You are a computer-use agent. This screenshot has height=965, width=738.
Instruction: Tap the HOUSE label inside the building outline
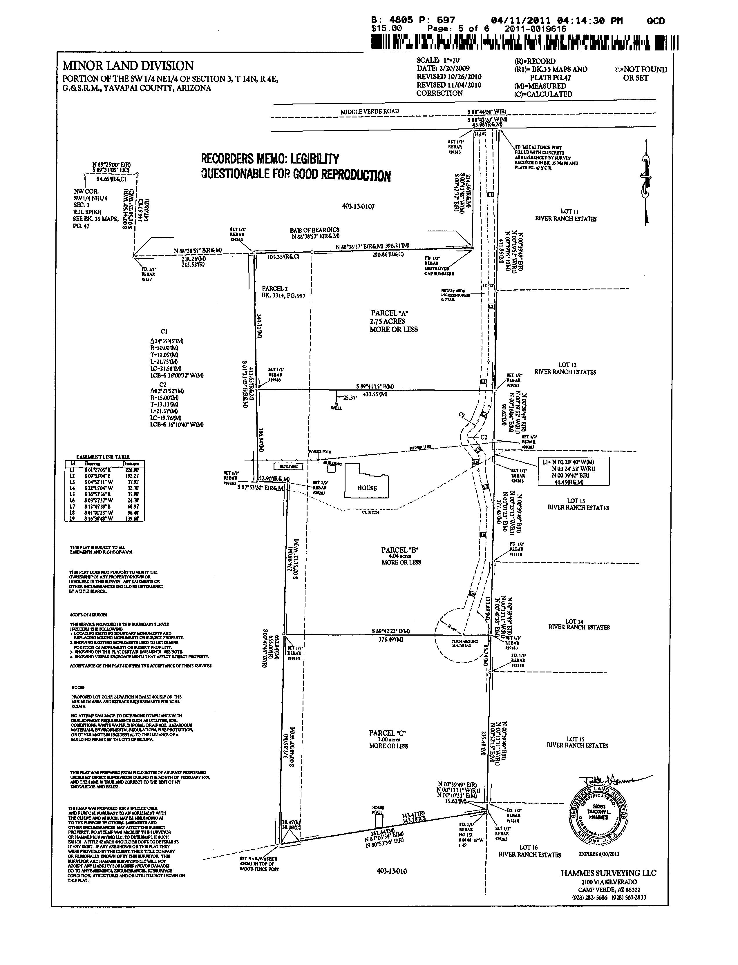[367, 488]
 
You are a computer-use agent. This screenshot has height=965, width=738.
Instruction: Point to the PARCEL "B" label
[400, 550]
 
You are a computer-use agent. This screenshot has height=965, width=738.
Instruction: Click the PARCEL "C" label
[388, 733]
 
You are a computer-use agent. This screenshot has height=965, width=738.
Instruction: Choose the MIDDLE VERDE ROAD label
[370, 112]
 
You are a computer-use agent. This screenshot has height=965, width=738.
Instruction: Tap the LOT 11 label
[567, 211]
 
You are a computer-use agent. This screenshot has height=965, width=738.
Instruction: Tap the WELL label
[336, 408]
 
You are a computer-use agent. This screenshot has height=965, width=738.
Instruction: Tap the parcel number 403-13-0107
[358, 206]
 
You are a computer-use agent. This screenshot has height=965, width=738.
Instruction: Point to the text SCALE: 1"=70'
[439, 60]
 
